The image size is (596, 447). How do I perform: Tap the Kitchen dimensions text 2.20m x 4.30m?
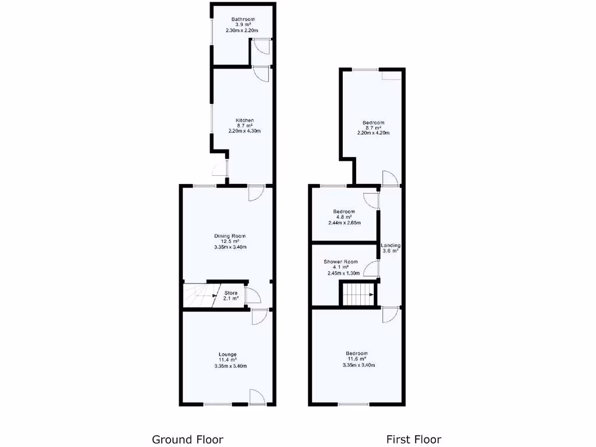pyautogui.click(x=244, y=131)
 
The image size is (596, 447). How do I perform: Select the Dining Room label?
pyautogui.click(x=230, y=236)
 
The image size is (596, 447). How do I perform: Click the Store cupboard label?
pyautogui.click(x=231, y=293)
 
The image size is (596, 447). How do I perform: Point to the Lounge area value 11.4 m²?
pyautogui.click(x=228, y=360)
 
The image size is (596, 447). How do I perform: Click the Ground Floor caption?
pyautogui.click(x=187, y=439)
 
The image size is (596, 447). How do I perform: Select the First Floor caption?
pyautogui.click(x=414, y=439)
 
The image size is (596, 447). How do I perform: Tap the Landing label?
pyautogui.click(x=390, y=246)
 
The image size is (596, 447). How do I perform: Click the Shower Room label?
pyautogui.click(x=341, y=262)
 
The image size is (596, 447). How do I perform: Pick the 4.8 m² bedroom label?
pyautogui.click(x=344, y=211)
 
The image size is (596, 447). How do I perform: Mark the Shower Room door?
pyautogui.click(x=371, y=268)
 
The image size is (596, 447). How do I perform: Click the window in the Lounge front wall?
pyautogui.click(x=217, y=403)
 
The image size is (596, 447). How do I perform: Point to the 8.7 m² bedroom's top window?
pyautogui.click(x=365, y=70)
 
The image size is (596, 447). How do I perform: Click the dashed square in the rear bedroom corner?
pyautogui.click(x=391, y=75)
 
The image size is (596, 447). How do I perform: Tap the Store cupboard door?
pyautogui.click(x=251, y=296)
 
